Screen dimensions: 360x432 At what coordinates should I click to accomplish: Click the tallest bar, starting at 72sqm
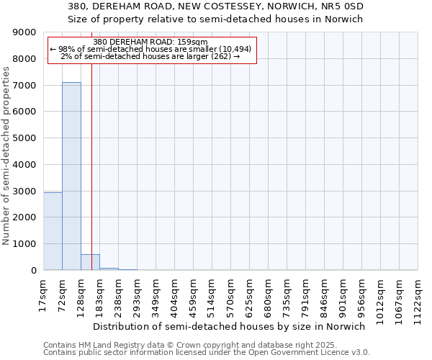[x=71, y=176]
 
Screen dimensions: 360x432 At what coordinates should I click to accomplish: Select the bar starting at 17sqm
[x=53, y=231]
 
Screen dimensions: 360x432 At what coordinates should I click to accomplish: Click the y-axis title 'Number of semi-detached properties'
[x=7, y=151]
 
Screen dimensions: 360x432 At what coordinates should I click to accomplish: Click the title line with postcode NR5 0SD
[x=215, y=6]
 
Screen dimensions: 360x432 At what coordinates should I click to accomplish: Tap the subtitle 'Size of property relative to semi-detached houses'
[x=215, y=19]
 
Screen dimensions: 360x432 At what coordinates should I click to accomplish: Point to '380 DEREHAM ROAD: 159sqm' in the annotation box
[x=150, y=42]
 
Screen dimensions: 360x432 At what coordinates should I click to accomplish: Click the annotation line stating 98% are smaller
[x=150, y=49]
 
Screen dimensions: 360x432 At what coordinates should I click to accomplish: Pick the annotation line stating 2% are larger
[x=150, y=56]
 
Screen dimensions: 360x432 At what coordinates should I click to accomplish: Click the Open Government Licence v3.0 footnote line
[x=207, y=353]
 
